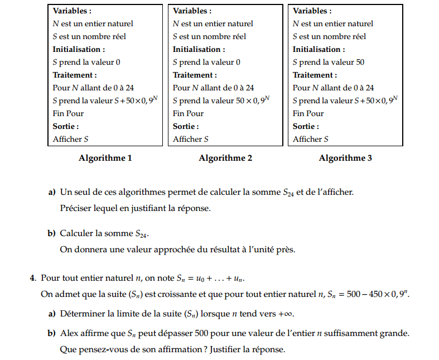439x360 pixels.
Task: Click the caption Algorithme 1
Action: (x=105, y=158)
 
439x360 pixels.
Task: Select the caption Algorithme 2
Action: (x=225, y=158)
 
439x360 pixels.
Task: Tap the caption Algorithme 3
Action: (x=345, y=158)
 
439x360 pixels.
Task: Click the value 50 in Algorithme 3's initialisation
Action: (x=360, y=62)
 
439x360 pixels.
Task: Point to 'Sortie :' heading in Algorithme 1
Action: (x=66, y=126)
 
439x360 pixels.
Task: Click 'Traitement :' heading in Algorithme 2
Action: (x=195, y=75)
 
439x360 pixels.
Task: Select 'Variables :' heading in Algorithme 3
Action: (x=312, y=11)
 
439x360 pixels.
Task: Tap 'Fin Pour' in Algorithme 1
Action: (x=68, y=113)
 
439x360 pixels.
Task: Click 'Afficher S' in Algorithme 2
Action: (x=191, y=139)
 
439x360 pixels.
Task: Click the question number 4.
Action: (x=33, y=277)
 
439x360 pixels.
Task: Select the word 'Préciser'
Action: (x=76, y=208)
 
